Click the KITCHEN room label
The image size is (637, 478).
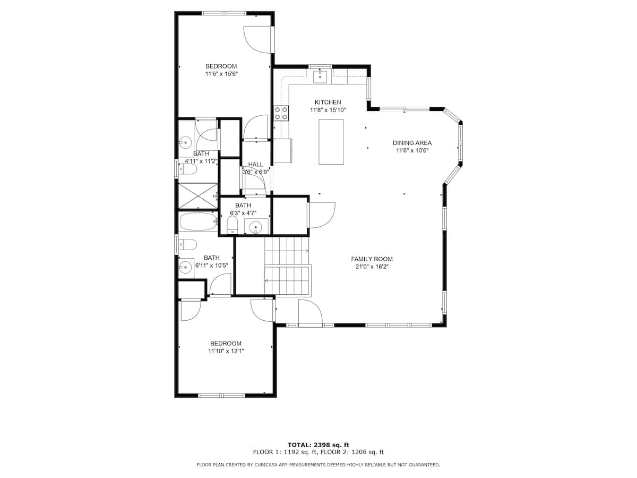click(328, 102)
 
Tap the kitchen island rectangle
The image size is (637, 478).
click(331, 142)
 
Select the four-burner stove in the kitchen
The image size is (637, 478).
click(281, 113)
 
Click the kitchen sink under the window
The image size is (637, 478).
click(320, 76)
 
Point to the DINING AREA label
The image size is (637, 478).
click(412, 143)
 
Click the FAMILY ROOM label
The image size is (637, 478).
click(372, 259)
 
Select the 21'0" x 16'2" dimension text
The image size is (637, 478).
click(372, 267)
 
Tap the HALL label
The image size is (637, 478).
click(255, 164)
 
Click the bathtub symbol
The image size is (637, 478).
click(198, 221)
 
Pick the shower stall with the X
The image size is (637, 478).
click(198, 196)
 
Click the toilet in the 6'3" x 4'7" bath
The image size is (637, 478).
click(232, 226)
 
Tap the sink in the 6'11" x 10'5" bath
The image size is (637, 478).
click(185, 266)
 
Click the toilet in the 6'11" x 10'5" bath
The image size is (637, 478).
click(187, 244)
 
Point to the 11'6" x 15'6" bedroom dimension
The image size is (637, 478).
click(221, 74)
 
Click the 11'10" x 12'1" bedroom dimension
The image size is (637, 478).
click(226, 351)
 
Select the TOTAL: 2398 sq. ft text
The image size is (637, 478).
click(318, 445)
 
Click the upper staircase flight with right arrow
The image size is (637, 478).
click(287, 251)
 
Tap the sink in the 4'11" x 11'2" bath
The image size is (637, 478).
click(185, 142)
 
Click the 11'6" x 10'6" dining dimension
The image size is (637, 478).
click(412, 150)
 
